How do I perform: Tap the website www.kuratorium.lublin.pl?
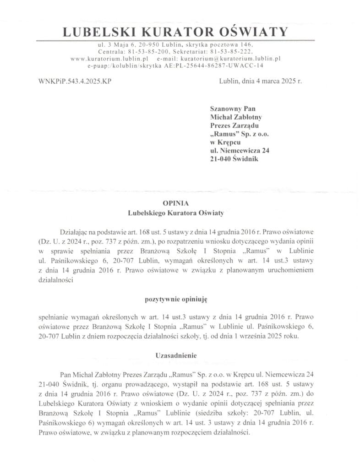(108, 59)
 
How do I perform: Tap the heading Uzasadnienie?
(176, 354)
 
